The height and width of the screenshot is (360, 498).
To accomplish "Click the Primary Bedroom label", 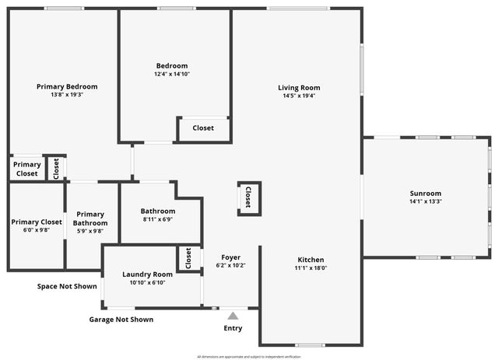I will click(x=67, y=86).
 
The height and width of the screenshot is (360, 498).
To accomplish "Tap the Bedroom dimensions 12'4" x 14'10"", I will click(x=172, y=75).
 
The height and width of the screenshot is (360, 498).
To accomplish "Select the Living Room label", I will click(x=299, y=88).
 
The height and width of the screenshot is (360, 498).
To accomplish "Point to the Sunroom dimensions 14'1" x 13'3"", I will click(x=426, y=201).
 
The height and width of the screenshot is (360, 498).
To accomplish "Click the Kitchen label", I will click(x=310, y=260).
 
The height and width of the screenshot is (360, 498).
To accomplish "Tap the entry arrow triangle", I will click(x=233, y=316).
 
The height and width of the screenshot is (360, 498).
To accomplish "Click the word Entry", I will click(x=233, y=328).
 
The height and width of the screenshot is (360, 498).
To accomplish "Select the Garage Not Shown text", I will click(x=121, y=320).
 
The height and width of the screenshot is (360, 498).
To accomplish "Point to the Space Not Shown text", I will click(x=67, y=286).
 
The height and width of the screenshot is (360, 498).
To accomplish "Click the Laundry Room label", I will click(x=147, y=274).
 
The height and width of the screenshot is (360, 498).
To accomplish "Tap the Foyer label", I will click(x=230, y=257).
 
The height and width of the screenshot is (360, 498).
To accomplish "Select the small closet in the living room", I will click(x=249, y=197).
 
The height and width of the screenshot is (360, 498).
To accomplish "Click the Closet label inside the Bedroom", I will click(x=203, y=128).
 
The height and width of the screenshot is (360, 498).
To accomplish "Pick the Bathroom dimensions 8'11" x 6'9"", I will click(x=158, y=219).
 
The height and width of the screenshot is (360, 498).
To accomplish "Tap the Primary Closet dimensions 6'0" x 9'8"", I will click(x=36, y=230).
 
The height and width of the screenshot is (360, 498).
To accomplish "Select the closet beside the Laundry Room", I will click(x=188, y=258).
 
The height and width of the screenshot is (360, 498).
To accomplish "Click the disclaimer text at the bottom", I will click(x=249, y=356).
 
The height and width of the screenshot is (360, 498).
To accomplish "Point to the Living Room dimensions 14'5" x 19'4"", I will click(x=299, y=96).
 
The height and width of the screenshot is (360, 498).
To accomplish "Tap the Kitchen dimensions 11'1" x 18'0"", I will click(x=310, y=268).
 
